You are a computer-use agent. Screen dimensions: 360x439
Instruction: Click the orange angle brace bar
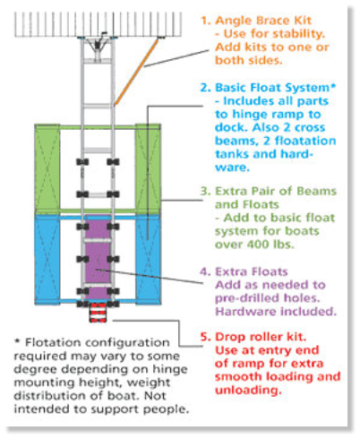click(136, 72)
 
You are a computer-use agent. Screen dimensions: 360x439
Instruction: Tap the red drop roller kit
click(98, 313)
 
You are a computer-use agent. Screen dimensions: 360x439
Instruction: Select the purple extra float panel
click(98, 257)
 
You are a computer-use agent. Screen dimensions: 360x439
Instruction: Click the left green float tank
click(47, 168)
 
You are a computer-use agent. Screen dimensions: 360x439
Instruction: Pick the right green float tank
click(149, 168)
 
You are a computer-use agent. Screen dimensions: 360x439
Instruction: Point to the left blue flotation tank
click(47, 260)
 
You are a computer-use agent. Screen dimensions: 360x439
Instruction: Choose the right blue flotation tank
click(149, 260)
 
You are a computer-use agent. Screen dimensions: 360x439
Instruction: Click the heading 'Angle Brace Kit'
click(263, 21)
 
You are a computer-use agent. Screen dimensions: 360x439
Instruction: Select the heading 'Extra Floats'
click(252, 271)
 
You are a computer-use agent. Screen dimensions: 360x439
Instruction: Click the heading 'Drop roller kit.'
click(261, 337)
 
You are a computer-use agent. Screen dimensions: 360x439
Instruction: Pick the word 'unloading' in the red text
click(247, 390)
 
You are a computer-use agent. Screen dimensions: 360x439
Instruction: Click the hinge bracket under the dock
click(98, 47)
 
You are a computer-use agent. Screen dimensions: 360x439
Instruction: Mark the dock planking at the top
click(98, 24)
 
